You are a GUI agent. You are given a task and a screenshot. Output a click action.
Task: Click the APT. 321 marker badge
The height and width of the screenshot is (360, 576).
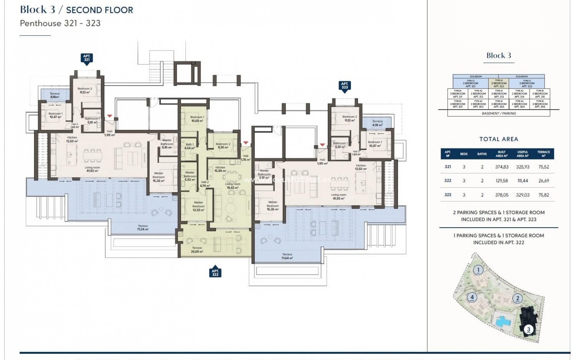point(87,58)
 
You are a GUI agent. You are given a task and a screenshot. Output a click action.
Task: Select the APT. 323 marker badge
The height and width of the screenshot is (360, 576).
point(345,86)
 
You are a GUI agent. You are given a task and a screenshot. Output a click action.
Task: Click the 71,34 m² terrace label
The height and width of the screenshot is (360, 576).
point(143,227)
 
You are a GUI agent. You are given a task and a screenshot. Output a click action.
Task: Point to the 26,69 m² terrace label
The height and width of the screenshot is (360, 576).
point(197,250)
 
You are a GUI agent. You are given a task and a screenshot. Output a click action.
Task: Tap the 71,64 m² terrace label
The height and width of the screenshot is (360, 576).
point(287,256)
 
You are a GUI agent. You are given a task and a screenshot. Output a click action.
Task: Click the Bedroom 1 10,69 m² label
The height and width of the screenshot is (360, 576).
point(197,119)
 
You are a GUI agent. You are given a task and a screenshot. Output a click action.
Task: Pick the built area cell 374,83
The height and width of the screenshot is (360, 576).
point(502,167)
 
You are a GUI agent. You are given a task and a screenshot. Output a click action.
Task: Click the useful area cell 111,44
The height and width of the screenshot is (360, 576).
point(523,181)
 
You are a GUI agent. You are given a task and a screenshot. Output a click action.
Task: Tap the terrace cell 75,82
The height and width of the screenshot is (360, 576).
point(544,195)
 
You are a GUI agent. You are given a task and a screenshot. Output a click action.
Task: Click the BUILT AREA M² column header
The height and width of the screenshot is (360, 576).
point(502,154)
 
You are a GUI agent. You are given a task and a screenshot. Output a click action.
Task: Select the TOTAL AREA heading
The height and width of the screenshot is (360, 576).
point(499,139)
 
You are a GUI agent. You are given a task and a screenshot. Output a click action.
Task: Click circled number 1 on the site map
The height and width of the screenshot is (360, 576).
point(478,270)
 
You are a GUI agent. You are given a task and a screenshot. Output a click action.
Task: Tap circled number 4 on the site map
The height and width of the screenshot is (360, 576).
point(472,297)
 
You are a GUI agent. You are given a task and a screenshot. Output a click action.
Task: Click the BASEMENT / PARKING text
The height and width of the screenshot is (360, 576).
point(499,113)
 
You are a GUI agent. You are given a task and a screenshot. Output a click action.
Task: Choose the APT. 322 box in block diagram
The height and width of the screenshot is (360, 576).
point(499,83)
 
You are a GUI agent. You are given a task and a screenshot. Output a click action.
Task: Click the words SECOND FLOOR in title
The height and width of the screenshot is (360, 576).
point(99,10)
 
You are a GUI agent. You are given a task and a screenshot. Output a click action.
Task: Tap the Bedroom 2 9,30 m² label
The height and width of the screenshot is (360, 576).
point(223,146)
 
